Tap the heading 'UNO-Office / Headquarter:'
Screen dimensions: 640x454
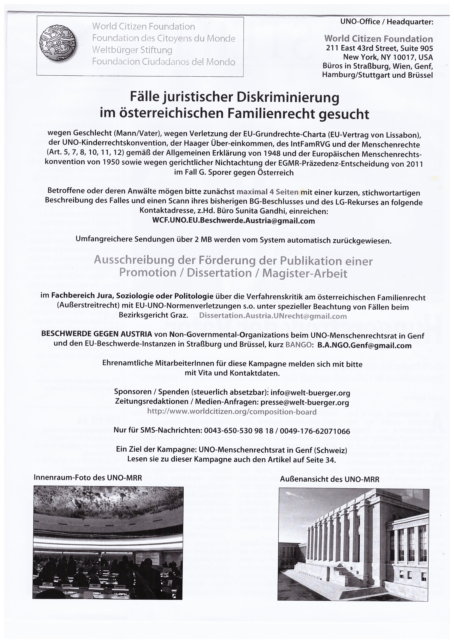click(387, 22)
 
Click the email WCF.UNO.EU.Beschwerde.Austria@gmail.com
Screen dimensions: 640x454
click(233, 221)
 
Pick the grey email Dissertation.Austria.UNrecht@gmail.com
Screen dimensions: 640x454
click(273, 316)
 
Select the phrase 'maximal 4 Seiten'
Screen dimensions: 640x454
click(267, 192)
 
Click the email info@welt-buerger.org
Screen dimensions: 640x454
click(310, 393)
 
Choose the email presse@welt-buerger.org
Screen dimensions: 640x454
click(305, 402)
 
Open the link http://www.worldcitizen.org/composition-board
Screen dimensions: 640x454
click(232, 412)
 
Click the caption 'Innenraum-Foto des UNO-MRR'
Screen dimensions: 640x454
click(88, 477)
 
